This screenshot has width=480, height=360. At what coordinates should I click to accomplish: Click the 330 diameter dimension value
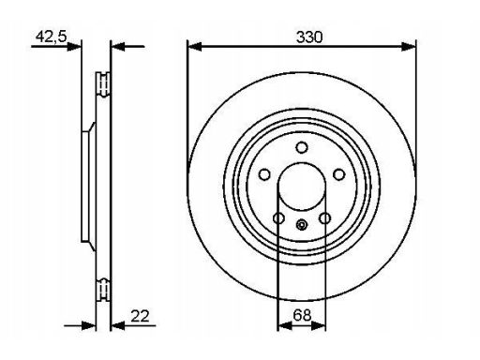coord(309,37)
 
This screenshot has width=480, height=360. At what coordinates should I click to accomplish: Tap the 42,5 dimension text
coord(52,37)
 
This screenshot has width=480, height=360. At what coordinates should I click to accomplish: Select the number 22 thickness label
coord(141,316)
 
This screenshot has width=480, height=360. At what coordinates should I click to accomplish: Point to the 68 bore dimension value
coord(302,315)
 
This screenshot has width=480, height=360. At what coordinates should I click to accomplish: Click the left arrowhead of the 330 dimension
coord(194,47)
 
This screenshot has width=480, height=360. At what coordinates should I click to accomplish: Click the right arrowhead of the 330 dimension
coord(409,47)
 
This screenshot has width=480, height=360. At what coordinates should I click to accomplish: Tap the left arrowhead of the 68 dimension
coord(285,326)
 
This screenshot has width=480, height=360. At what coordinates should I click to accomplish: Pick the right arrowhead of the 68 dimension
coord(319,326)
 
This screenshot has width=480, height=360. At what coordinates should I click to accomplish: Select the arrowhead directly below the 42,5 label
coord(74,47)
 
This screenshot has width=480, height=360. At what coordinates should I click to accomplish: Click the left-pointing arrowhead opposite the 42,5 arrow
coord(118,47)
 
